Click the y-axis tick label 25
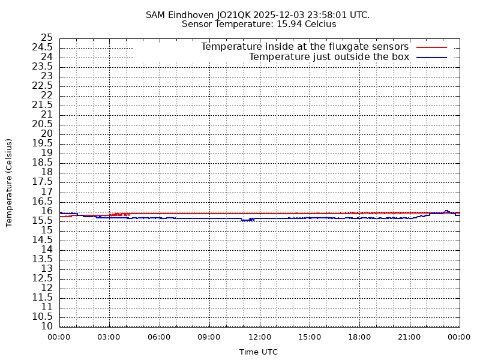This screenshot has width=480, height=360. pyautogui.click(x=47, y=38)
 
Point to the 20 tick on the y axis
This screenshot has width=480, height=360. pyautogui.click(x=47, y=134)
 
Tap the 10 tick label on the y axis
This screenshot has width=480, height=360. pyautogui.click(x=47, y=326)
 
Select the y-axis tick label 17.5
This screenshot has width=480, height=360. pyautogui.click(x=42, y=182)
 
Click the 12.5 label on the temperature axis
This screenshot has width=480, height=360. pyautogui.click(x=42, y=278)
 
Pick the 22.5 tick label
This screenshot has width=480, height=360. pyautogui.click(x=42, y=86)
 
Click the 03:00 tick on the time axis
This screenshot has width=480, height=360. pyautogui.click(x=109, y=337)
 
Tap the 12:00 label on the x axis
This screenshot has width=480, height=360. pyautogui.click(x=259, y=337)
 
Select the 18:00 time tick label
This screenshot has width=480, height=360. pyautogui.click(x=359, y=337)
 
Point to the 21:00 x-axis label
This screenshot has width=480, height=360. pyautogui.click(x=409, y=337)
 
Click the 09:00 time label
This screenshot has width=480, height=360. pyautogui.click(x=209, y=337)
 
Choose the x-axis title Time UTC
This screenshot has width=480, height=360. pyautogui.click(x=259, y=352)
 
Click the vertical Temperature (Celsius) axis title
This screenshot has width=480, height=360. pyautogui.click(x=9, y=182)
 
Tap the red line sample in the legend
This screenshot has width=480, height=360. pyautogui.click(x=432, y=47)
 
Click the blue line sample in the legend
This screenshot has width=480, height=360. pyautogui.click(x=432, y=57)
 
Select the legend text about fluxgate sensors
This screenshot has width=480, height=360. pyautogui.click(x=304, y=47)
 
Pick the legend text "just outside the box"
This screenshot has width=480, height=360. pyautogui.click(x=329, y=57)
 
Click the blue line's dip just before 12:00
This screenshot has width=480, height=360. pyautogui.click(x=246, y=220)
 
